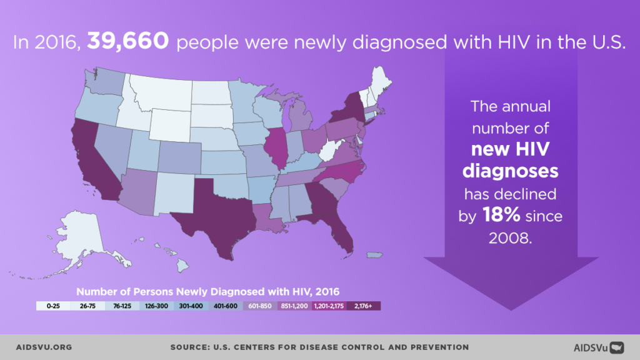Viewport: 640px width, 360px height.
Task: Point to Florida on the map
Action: [341, 234]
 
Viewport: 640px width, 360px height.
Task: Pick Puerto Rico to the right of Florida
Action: [374, 255]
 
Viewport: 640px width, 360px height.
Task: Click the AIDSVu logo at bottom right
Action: [599, 347]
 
